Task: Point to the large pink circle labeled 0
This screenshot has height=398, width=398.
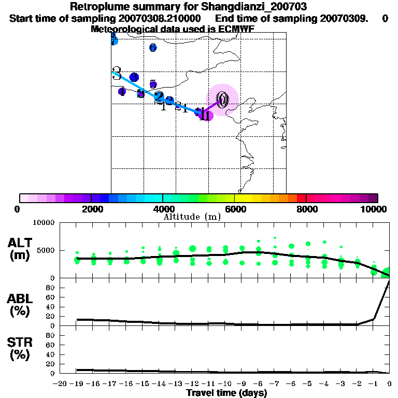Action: [222, 99]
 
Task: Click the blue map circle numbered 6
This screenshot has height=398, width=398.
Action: [153, 48]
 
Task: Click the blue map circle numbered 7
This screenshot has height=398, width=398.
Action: [114, 41]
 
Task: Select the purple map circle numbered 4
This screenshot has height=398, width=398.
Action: [122, 92]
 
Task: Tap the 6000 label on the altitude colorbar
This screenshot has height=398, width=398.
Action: [235, 209]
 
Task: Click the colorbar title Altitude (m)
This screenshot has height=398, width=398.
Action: [192, 217]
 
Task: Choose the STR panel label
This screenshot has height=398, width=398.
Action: [20, 349]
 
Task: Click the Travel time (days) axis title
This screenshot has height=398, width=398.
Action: [226, 393]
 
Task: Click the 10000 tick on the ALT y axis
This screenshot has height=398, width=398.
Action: [45, 223]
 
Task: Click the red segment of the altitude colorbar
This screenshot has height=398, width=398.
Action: [301, 198]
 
